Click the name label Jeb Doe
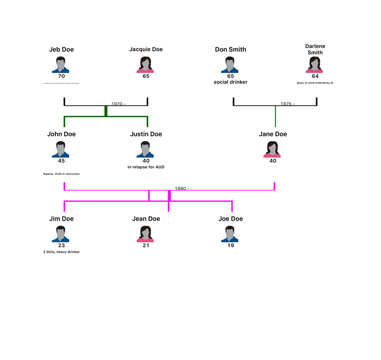pos(62,50)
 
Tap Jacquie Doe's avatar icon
pos(146,64)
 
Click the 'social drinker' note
pos(231,82)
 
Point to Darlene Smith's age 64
pos(315,76)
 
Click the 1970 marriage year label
pos(118,104)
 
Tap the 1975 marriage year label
pos(287,104)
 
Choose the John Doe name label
pos(62,134)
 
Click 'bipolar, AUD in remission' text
pos(62,174)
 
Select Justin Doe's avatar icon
pos(146,149)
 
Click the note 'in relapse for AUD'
pos(146,167)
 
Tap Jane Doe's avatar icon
pos(272,149)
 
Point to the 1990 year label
pos(181,188)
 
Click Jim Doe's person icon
pos(62,234)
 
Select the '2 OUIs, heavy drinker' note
pos(62,252)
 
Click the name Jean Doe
pos(146,219)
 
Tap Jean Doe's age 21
pos(146,246)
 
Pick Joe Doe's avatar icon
pos(231,234)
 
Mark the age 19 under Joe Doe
pos(231,246)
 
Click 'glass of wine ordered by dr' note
pos(315,83)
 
